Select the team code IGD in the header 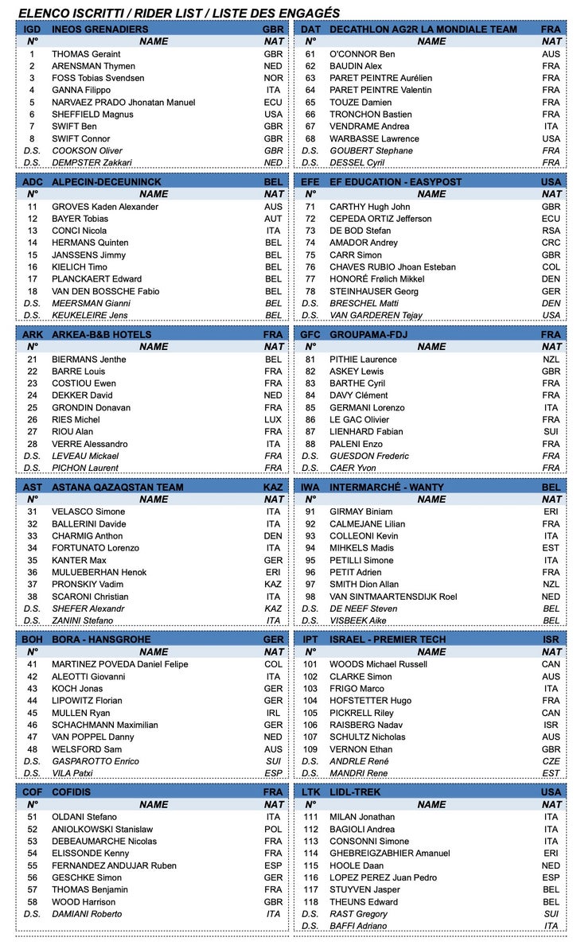33,29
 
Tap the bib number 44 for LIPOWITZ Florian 33,701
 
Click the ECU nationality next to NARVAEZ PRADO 273,103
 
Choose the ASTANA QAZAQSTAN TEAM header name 117,488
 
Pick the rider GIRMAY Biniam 361,512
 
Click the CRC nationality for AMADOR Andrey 551,243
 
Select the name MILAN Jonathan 362,817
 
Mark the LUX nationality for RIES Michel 273,420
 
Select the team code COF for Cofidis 33,792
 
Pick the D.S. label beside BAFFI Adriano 310,926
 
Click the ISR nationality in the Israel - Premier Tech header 551,640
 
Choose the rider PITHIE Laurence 363,360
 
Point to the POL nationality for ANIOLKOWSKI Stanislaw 273,829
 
